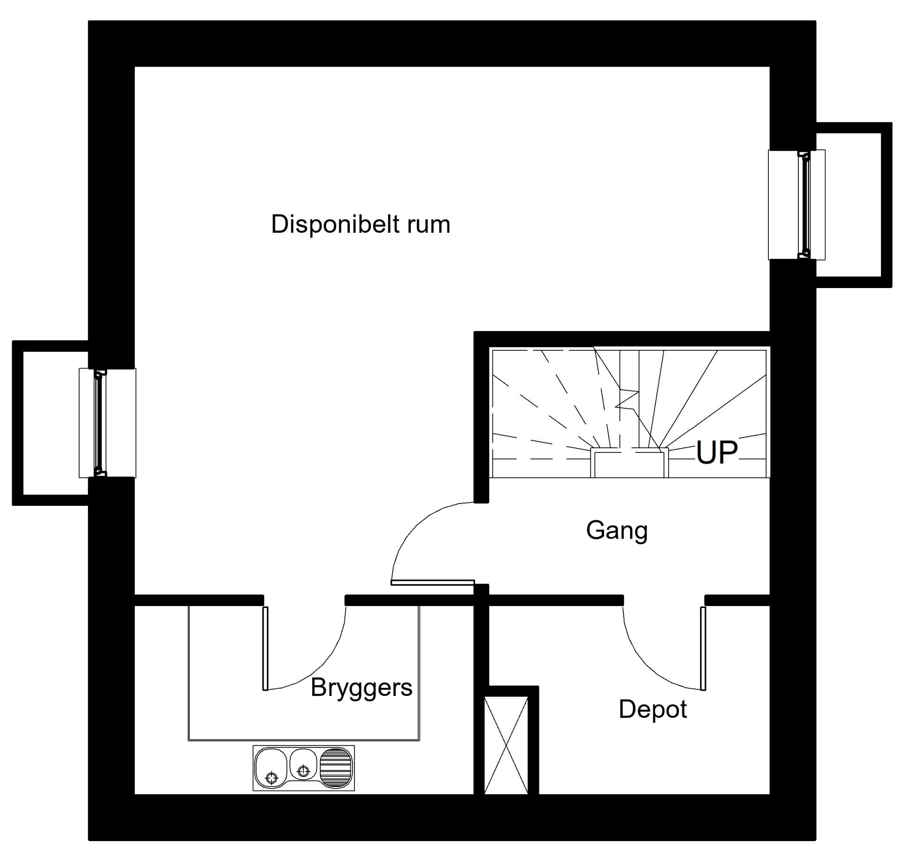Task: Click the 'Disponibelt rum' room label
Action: (361, 224)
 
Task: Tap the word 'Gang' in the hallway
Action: (617, 531)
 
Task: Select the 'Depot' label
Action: (653, 709)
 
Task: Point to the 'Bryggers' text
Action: (361, 688)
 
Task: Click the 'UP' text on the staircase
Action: (717, 452)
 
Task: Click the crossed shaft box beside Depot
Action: (506, 745)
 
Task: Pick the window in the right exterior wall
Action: (797, 205)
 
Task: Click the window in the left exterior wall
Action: (107, 423)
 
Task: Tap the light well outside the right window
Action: (854, 205)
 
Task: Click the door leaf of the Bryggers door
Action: (265, 648)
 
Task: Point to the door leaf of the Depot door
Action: (703, 648)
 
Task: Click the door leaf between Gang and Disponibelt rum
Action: (433, 582)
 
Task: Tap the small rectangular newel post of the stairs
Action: (629, 463)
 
